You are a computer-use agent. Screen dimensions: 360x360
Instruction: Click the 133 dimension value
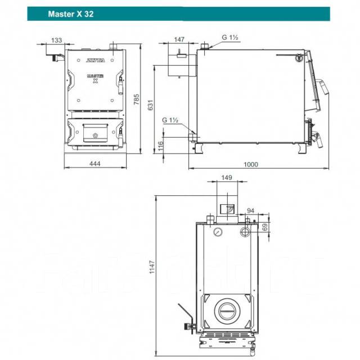[56, 40]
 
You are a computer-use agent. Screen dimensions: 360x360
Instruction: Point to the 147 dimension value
[179, 39]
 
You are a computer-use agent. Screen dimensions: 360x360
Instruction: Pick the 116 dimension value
[160, 145]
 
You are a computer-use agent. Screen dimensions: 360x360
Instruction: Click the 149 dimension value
[227, 178]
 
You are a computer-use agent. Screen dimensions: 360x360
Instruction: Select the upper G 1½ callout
[229, 37]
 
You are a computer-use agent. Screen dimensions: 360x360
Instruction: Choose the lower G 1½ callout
[170, 120]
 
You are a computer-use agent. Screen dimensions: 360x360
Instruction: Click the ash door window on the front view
[93, 133]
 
